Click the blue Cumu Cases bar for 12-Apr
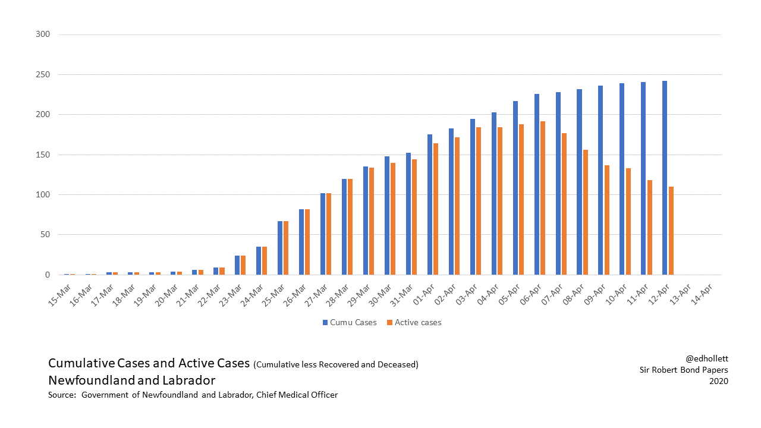(665, 178)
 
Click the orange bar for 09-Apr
(607, 220)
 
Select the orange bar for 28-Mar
(351, 226)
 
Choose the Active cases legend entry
(414, 322)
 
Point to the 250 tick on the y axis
(42, 74)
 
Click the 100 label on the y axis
(42, 194)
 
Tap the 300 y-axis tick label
(42, 34)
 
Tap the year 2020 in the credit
(718, 381)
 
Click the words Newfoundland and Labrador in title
(131, 380)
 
